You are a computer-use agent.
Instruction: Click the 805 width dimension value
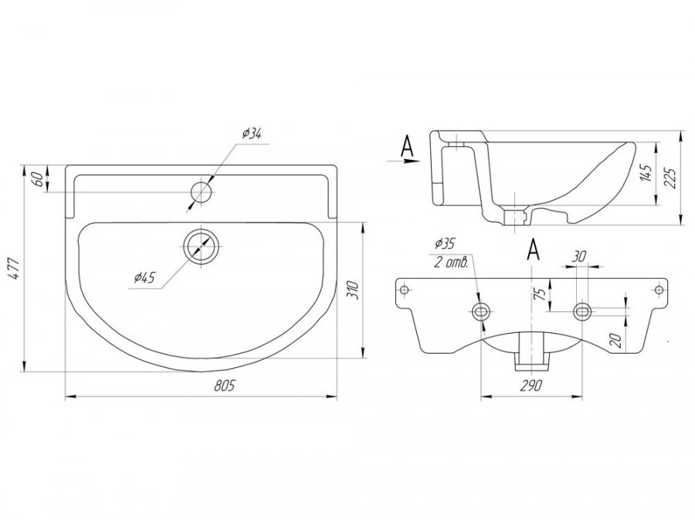pyautogui.click(x=224, y=386)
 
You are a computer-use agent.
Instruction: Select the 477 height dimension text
pyautogui.click(x=15, y=268)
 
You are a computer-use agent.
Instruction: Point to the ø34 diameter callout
pyautogui.click(x=251, y=134)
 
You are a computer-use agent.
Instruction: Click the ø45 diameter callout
pyautogui.click(x=144, y=278)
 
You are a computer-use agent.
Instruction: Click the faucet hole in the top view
pyautogui.click(x=202, y=192)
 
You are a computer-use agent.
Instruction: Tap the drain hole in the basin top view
pyautogui.click(x=202, y=246)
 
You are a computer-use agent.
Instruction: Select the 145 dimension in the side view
pyautogui.click(x=648, y=173)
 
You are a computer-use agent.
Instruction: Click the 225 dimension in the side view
pyautogui.click(x=671, y=178)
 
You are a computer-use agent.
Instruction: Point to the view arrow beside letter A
pyautogui.click(x=403, y=161)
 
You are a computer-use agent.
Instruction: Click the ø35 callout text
pyautogui.click(x=445, y=243)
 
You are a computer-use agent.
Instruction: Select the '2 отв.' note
pyautogui.click(x=451, y=263)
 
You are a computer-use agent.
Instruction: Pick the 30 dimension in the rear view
pyautogui.click(x=580, y=257)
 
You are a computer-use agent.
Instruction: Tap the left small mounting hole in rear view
pyautogui.click(x=404, y=290)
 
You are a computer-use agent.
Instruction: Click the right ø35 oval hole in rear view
pyautogui.click(x=582, y=311)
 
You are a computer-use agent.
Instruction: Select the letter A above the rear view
pyautogui.click(x=534, y=250)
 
